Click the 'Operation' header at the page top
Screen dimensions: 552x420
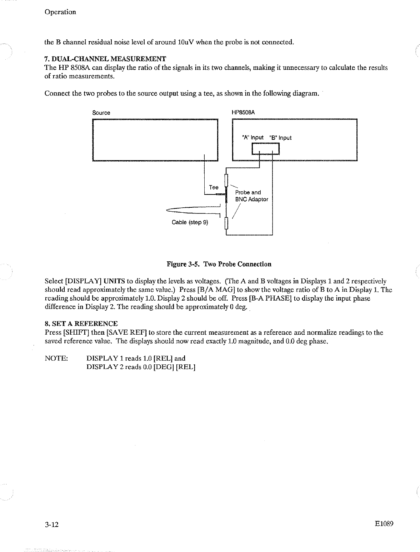click(x=60, y=12)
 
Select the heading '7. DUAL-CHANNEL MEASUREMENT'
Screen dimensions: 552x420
click(x=105, y=59)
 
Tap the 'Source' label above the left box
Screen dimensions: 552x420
click(x=101, y=113)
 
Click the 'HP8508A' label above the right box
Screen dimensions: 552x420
click(x=243, y=112)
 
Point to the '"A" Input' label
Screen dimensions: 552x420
click(x=252, y=138)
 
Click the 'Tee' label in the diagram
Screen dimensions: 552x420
click(x=214, y=187)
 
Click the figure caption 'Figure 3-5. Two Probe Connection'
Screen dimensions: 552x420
click(x=219, y=264)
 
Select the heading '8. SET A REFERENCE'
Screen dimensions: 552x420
click(x=81, y=324)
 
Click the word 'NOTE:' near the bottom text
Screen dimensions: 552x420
click(x=56, y=358)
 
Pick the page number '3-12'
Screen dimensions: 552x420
click(x=51, y=524)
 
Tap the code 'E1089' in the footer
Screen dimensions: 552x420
click(x=384, y=524)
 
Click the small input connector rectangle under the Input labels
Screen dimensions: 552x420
click(x=265, y=149)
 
